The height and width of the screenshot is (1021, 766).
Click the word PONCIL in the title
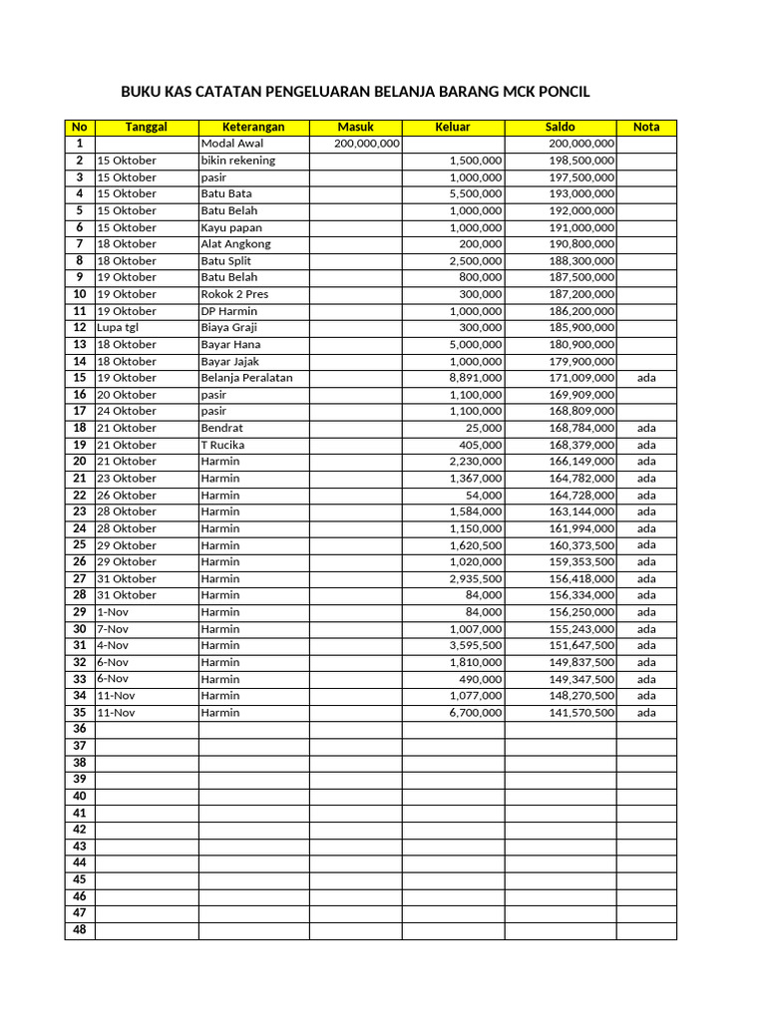click(x=561, y=92)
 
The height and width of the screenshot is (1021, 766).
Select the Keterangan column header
click(x=253, y=127)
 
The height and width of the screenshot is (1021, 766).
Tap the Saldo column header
click(x=560, y=127)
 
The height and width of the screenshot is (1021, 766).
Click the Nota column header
click(x=646, y=127)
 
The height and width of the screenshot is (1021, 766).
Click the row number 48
click(x=80, y=930)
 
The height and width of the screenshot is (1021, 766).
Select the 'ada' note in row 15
click(x=646, y=378)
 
